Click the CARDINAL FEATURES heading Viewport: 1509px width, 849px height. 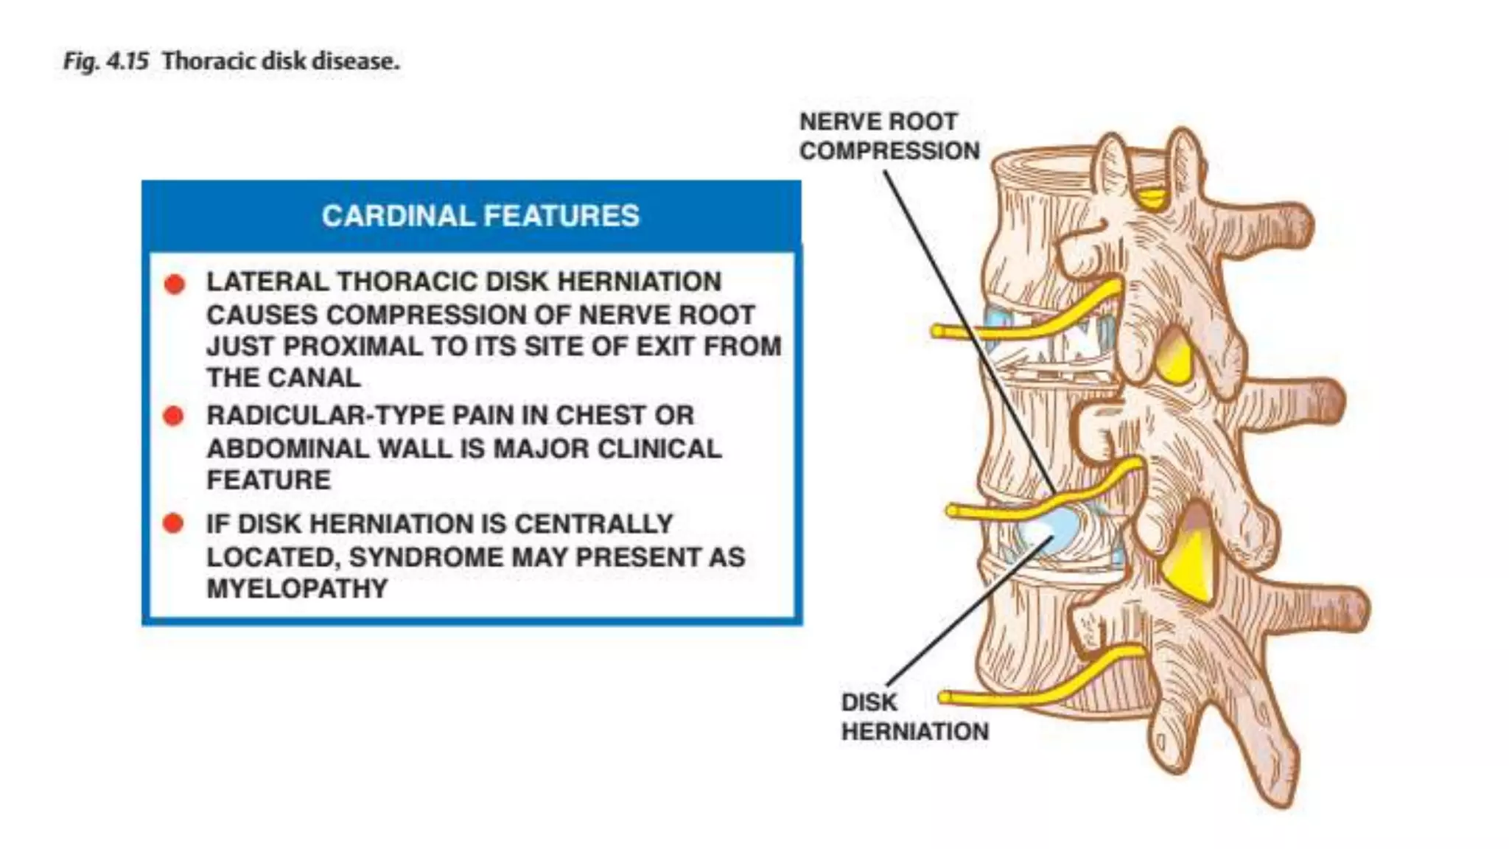[x=480, y=216]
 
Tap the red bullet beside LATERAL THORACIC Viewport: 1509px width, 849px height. [x=175, y=284]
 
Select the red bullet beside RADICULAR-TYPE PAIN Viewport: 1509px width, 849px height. [x=174, y=416]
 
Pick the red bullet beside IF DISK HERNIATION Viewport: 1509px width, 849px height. [x=174, y=524]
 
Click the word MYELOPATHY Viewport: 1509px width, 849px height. [x=297, y=589]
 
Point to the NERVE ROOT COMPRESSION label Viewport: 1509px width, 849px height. [x=889, y=136]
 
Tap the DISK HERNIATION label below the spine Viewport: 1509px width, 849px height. [x=914, y=717]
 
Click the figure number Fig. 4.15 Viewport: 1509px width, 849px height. [x=106, y=61]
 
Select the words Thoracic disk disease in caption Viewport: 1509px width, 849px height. [x=281, y=61]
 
